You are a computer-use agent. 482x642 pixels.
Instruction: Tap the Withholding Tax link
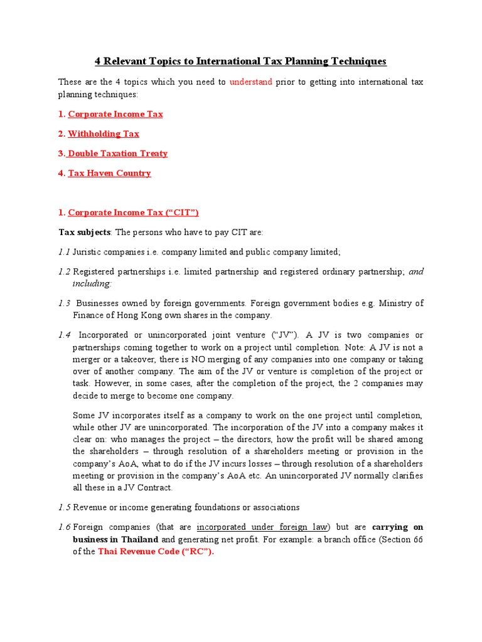click(104, 134)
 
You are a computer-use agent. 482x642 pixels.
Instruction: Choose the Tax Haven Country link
click(109, 173)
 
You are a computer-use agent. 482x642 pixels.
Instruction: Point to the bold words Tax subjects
click(84, 233)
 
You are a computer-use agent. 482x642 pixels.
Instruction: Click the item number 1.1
click(64, 252)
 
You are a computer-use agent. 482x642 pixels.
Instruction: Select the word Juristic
click(88, 252)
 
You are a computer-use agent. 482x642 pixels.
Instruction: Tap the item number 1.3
click(65, 303)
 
